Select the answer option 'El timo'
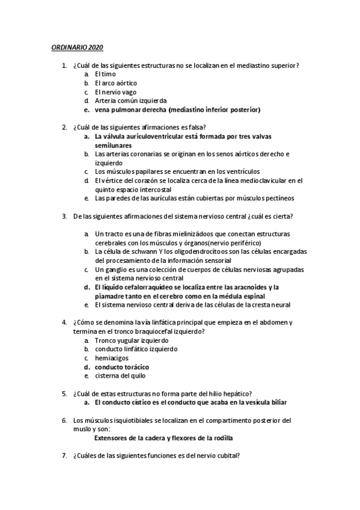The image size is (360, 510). (x=106, y=73)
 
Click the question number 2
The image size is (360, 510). (x=64, y=127)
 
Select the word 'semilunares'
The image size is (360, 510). (x=113, y=145)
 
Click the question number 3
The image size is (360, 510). (x=64, y=215)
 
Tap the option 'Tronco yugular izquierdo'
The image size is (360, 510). (x=130, y=340)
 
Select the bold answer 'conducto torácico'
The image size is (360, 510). (x=122, y=367)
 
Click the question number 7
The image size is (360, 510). (x=64, y=455)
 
